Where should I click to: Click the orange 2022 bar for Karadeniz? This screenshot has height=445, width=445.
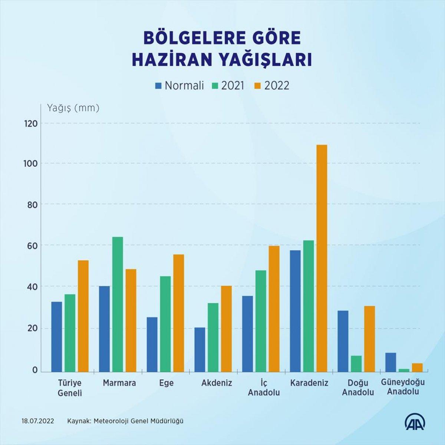[x=322, y=258]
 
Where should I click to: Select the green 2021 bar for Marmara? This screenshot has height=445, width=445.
[x=118, y=304]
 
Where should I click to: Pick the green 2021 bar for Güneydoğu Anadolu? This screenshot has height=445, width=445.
[x=404, y=370]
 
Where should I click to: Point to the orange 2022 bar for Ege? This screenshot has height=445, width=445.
[x=178, y=313]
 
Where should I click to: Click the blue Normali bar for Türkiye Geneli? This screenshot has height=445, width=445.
[x=57, y=336]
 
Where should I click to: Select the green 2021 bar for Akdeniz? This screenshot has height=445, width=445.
[x=213, y=337]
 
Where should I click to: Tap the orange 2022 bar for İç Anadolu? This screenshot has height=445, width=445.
[x=274, y=309]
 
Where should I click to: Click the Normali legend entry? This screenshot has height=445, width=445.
[x=180, y=86]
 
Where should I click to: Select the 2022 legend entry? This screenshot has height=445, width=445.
[x=273, y=86]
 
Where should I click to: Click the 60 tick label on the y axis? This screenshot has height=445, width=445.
[x=32, y=245]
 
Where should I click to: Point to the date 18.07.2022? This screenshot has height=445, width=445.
[x=38, y=421]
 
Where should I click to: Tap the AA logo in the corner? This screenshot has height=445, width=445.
[x=414, y=421]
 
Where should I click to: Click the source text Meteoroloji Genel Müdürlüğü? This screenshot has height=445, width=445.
[x=139, y=421]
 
